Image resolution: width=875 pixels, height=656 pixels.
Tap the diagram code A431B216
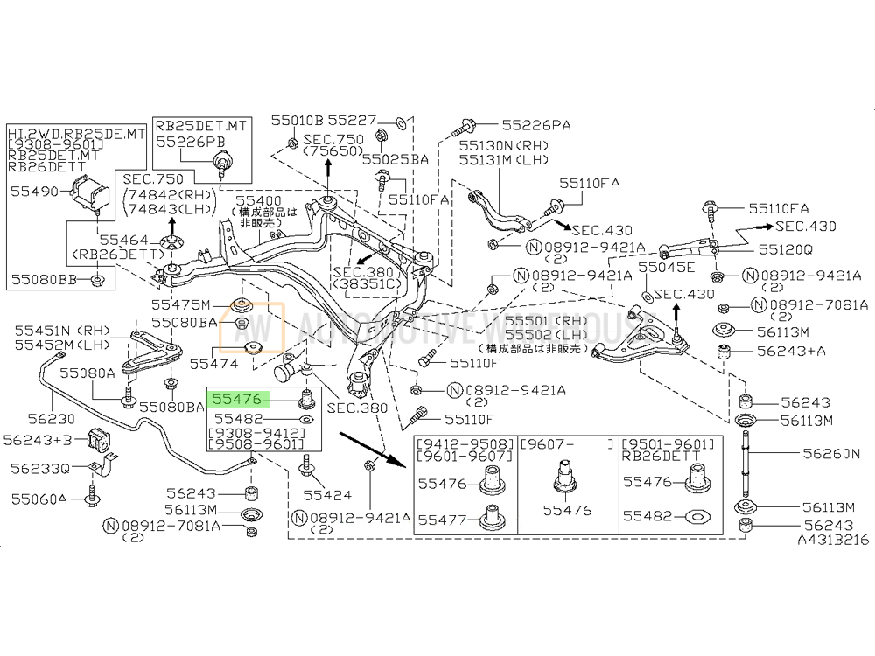(x=833, y=541)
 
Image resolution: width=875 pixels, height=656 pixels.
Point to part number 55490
(x=33, y=189)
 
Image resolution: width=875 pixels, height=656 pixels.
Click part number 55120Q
(x=784, y=248)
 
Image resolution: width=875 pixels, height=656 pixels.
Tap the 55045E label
(x=665, y=268)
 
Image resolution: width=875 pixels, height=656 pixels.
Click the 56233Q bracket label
(x=40, y=468)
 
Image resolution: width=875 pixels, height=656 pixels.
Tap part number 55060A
(x=39, y=499)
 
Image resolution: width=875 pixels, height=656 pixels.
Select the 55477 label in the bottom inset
(x=442, y=520)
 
